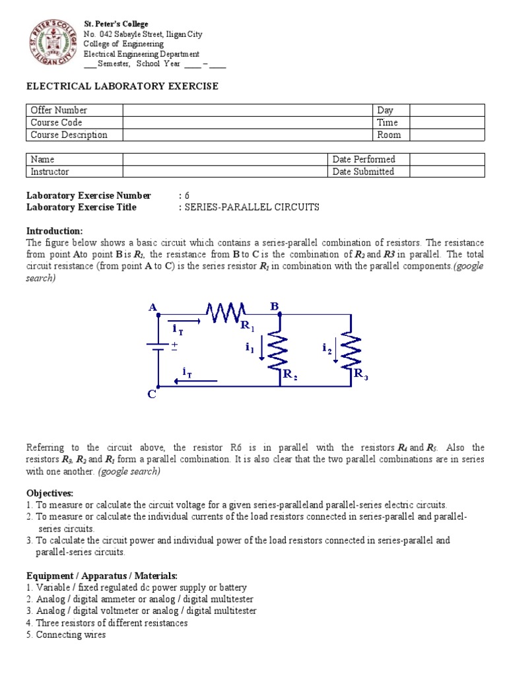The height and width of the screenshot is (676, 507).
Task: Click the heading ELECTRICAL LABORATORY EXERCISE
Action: pyautogui.click(x=122, y=86)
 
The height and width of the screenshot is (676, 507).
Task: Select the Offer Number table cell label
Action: pyautogui.click(x=59, y=110)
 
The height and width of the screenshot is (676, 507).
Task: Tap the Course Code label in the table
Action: pyautogui.click(x=56, y=123)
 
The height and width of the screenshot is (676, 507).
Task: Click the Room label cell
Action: pyautogui.click(x=389, y=135)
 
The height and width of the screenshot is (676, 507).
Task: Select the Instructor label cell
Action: pyautogui.click(x=50, y=172)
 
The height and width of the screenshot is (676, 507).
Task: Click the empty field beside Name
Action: pyautogui.click(x=224, y=159)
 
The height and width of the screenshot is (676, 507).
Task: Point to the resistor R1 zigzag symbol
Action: pyautogui.click(x=226, y=311)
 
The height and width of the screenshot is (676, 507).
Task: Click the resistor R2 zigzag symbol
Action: pyautogui.click(x=281, y=350)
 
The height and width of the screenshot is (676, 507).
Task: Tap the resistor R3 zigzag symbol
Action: pyautogui.click(x=351, y=350)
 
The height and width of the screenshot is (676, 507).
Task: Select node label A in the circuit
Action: pyautogui.click(x=153, y=307)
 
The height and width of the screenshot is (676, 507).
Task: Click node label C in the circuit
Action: pyautogui.click(x=151, y=395)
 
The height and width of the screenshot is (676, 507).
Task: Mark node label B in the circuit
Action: pyautogui.click(x=275, y=306)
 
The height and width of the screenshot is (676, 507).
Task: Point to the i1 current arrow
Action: pyautogui.click(x=263, y=348)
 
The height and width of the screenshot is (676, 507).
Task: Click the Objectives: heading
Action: pyautogui.click(x=50, y=493)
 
